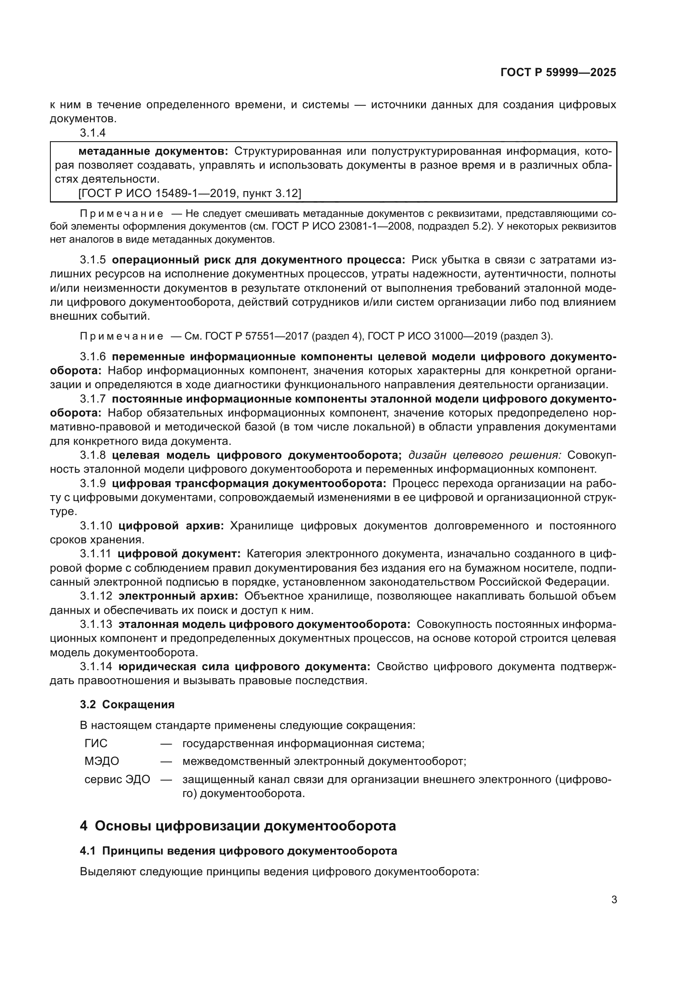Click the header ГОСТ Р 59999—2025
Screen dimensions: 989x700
558,72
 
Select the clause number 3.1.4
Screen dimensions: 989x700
93,133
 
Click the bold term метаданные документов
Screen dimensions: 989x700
153,151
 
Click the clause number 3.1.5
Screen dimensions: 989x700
93,260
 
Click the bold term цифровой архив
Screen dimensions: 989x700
171,526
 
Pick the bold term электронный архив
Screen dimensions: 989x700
178,596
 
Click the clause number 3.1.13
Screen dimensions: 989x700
96,624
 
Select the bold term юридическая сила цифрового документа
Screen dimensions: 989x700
244,667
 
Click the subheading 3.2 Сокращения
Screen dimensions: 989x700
127,705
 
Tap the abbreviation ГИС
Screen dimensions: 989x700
96,743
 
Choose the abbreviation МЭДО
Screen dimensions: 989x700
101,762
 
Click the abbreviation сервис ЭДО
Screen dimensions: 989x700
117,780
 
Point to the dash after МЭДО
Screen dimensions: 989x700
166,762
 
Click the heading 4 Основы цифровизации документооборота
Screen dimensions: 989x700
237,826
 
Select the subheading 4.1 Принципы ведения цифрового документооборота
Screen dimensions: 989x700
238,851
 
